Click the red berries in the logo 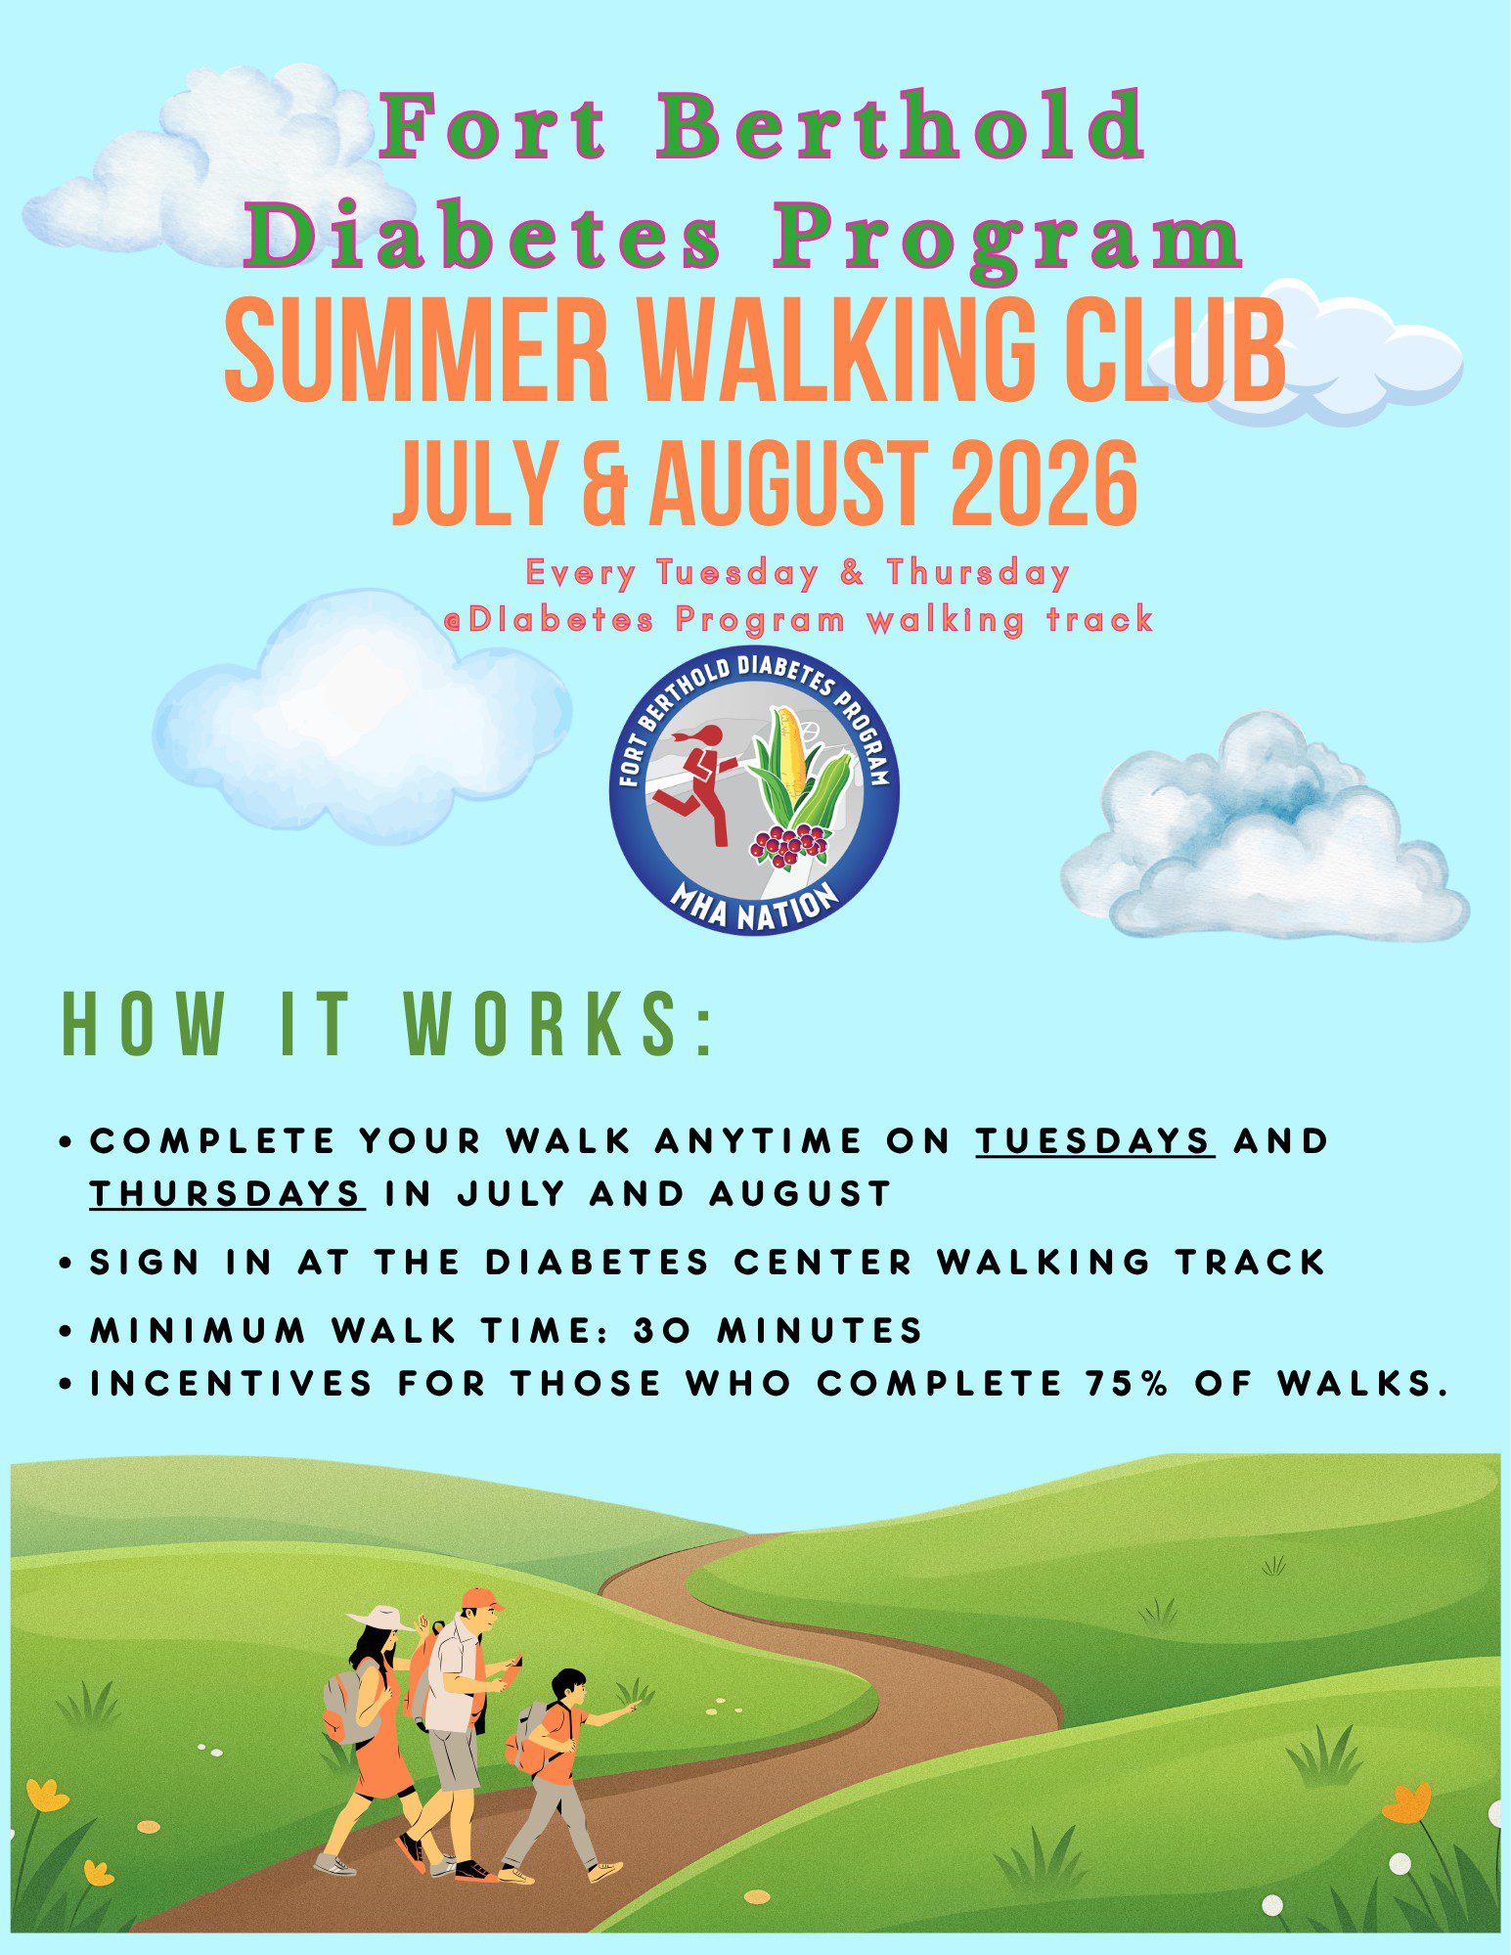[x=788, y=843]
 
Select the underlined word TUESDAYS [x=1094, y=1140]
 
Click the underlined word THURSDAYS [x=227, y=1193]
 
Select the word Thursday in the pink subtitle [x=978, y=572]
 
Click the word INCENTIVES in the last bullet [x=233, y=1383]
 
